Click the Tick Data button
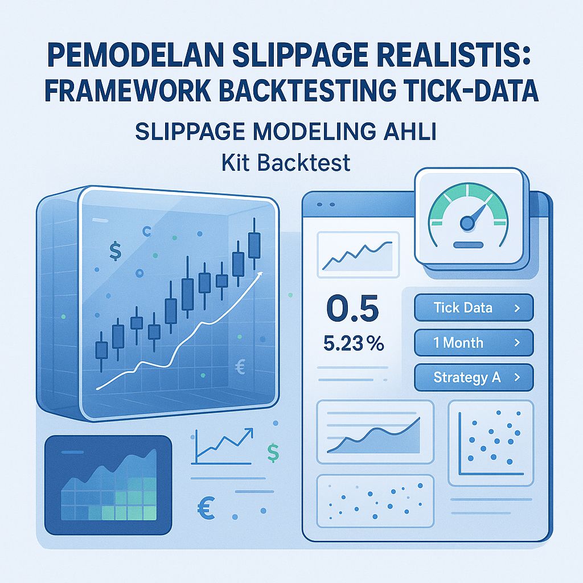[x=474, y=308]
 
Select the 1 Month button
[x=474, y=343]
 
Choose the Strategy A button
[x=474, y=377]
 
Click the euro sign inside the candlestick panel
[x=239, y=367]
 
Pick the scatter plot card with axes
[x=490, y=442]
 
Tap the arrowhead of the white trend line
[x=261, y=274]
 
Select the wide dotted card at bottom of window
[x=374, y=499]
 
